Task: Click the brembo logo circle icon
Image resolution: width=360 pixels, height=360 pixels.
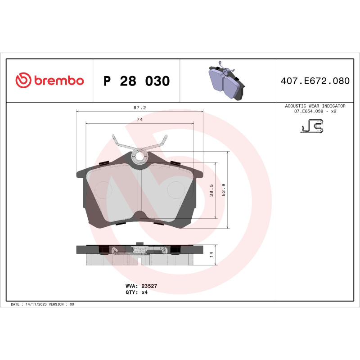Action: click(x=23, y=81)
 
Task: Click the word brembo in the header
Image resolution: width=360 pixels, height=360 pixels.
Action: click(x=58, y=81)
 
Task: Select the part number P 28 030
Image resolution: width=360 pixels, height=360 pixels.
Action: click(x=136, y=81)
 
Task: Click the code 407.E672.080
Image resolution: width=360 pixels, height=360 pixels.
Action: click(x=315, y=81)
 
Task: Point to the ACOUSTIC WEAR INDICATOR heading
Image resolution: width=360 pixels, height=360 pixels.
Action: click(x=315, y=106)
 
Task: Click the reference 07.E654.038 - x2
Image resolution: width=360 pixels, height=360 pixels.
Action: click(x=315, y=111)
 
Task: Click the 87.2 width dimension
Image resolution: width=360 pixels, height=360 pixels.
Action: click(x=139, y=108)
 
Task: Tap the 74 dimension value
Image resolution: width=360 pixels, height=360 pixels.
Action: click(x=139, y=120)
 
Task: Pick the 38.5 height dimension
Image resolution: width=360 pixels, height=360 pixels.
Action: click(x=212, y=190)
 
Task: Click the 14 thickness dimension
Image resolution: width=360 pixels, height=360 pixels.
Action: click(x=212, y=255)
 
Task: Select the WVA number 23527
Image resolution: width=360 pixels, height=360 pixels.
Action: click(x=149, y=286)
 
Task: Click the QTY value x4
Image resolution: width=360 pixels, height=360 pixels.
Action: click(x=144, y=292)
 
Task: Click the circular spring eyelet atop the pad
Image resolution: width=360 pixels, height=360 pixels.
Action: click(x=140, y=156)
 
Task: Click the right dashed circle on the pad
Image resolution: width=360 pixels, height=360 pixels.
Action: click(x=177, y=189)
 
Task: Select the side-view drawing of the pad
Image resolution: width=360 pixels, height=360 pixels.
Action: click(x=140, y=255)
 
